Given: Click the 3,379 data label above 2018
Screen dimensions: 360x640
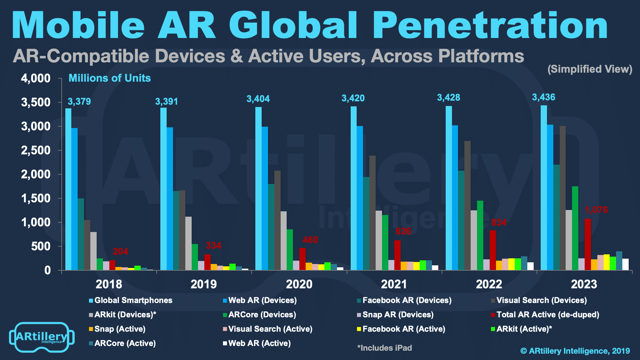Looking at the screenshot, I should pos(79,101).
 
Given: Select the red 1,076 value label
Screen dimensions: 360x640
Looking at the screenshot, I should pos(596,210).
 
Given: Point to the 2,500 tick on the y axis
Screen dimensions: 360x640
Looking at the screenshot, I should pos(36,150).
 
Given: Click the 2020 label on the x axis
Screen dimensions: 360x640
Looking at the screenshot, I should pos(299,284).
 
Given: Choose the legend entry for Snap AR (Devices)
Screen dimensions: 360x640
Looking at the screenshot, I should pos(398,315).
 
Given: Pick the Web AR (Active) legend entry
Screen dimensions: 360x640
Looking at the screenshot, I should pos(259,343).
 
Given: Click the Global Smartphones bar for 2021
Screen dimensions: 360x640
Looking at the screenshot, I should pos(354,188).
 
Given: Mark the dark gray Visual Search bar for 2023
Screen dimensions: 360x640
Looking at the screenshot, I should pos(563,198).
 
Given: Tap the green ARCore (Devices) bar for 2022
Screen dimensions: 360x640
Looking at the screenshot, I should pos(480,235).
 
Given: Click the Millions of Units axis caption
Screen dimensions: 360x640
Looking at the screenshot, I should pos(110,78).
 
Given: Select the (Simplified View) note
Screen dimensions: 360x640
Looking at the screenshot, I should pos(590,69).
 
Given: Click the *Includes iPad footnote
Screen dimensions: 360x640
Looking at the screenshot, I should pos(385,348).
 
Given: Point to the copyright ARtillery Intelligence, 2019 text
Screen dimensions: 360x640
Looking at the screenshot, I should pos(575,351).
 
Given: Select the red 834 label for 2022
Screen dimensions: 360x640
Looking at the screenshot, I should pos(499,223).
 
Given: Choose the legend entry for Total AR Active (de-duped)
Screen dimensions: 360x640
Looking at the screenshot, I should pos(547,315).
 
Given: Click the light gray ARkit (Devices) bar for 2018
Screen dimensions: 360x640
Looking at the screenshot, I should pos(93,251).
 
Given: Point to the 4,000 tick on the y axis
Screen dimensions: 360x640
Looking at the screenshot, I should pos(36,78).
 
